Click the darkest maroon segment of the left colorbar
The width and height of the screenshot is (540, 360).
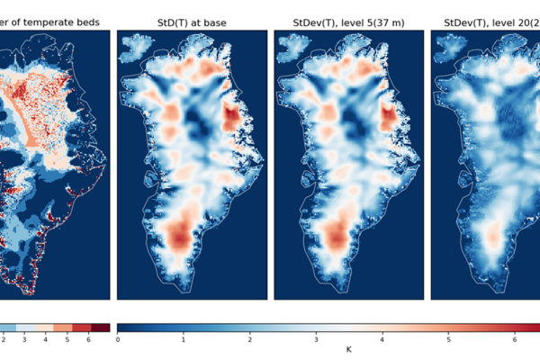101,328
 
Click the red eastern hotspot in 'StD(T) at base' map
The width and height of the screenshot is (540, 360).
233,118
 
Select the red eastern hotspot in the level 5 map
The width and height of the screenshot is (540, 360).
390,118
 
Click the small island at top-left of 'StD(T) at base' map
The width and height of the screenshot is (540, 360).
136,46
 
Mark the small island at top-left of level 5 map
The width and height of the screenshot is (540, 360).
292,46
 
